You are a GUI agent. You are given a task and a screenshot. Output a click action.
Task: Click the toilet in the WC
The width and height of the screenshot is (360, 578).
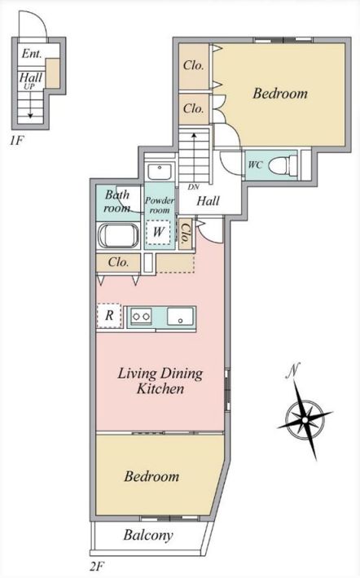point(283,164)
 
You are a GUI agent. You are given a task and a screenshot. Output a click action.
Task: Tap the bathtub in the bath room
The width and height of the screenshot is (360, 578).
point(118,236)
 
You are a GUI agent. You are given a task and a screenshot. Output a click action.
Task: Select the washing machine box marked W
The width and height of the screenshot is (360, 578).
point(158,232)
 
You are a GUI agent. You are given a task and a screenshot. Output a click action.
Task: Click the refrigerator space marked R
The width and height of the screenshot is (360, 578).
point(109,316)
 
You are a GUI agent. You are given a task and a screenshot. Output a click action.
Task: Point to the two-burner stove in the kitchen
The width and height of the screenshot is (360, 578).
point(142,317)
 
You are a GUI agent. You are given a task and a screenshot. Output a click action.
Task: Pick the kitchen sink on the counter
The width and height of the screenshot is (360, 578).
point(180,317)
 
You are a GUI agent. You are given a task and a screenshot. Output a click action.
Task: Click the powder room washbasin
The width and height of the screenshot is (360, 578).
point(160,172)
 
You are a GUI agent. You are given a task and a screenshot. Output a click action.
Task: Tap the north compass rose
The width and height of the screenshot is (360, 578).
point(305,420)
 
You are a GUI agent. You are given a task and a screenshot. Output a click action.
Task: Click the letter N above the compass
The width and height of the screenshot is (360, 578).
point(293,370)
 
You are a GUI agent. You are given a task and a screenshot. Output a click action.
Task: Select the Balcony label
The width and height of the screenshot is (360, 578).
point(148,535)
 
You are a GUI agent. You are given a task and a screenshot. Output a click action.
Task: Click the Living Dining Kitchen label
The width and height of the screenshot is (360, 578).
point(160,381)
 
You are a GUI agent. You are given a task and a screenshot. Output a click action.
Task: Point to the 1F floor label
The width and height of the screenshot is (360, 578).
point(15,141)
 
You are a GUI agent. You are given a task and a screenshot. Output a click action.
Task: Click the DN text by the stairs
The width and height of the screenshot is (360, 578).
point(194,187)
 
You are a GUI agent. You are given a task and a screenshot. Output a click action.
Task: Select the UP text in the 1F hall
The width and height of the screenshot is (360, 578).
point(29,86)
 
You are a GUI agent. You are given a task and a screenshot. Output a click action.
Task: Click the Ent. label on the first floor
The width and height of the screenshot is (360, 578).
point(32,54)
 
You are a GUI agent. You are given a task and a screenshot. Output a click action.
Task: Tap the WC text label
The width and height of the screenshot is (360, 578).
point(255,164)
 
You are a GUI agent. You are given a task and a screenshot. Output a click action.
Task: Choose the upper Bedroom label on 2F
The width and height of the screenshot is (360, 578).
point(280,94)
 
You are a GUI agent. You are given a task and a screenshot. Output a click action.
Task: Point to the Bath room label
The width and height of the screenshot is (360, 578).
point(117,201)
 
